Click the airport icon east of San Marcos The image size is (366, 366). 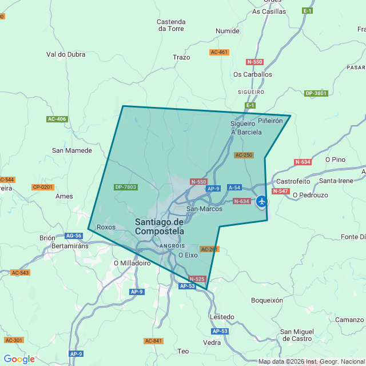point(262,201)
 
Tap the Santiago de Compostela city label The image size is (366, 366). point(160,226)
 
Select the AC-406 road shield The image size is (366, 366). point(57,119)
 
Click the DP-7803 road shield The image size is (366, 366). point(126,187)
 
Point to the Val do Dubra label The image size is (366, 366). point(66,55)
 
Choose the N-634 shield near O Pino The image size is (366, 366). point(303,162)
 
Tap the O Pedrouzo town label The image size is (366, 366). point(310,195)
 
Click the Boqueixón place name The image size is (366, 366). point(267,300)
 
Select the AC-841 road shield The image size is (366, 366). point(153,341)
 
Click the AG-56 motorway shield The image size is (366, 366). point(74,236)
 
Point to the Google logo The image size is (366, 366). point(19,359)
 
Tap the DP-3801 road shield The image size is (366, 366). point(316,93)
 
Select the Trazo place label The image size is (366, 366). point(181,57)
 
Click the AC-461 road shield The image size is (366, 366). point(219,52)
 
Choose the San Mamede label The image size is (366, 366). point(72,150)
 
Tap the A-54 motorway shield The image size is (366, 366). point(234,188)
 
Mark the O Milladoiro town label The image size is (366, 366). point(132,264)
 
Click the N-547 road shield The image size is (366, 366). point(280,191)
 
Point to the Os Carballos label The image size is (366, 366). point(253,74)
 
